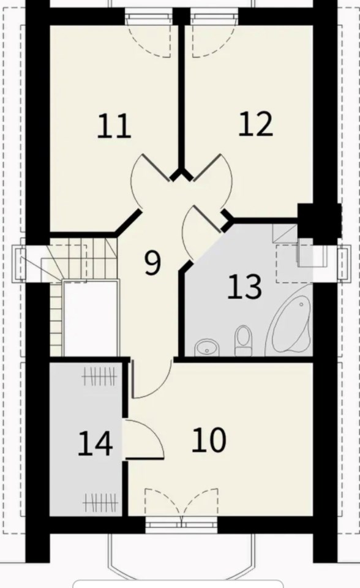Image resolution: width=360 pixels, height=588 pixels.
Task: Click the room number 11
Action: tap(114, 126)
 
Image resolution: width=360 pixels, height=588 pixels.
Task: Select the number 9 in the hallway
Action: tap(152, 263)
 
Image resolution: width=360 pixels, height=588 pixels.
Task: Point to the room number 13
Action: tap(244, 287)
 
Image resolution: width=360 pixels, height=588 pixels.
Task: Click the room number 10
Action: tap(209, 440)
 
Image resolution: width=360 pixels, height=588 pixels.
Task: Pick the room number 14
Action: tap(96, 443)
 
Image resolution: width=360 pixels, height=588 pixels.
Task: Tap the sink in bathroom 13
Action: tap(206, 347)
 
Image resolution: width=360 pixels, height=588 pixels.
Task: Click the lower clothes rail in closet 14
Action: tap(99, 502)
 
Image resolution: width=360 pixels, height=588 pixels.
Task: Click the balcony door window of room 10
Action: tap(181, 522)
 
